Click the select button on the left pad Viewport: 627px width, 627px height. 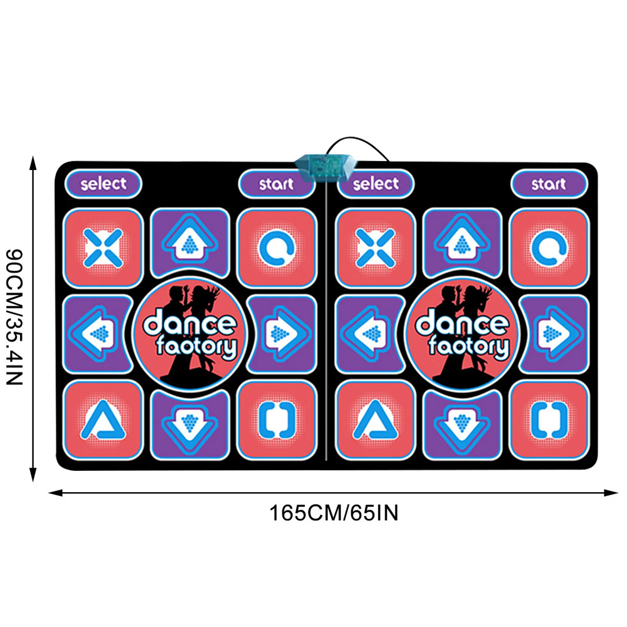coord(103,184)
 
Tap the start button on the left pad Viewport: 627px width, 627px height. coord(276,184)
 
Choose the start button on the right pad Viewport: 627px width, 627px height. coord(549,184)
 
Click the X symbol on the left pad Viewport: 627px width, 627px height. coord(103,248)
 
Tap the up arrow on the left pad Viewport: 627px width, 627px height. coord(189,243)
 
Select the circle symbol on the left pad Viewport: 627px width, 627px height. coord(277,249)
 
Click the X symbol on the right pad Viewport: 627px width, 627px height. coord(376,248)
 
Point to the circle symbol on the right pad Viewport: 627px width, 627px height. coord(549,249)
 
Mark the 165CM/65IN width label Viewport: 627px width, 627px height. coord(334,513)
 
